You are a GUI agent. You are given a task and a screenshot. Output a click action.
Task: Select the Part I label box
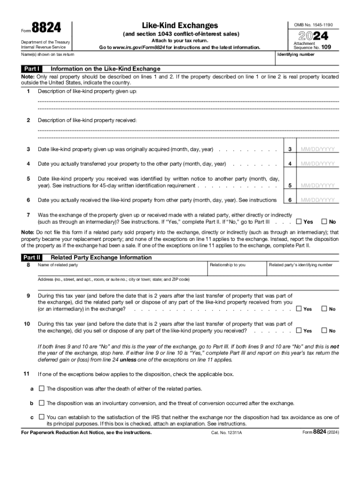(33, 68)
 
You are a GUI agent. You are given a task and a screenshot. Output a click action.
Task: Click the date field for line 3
(318, 150)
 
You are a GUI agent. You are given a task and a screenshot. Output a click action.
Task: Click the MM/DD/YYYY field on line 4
(318, 164)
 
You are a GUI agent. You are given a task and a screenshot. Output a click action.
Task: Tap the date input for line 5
(318, 186)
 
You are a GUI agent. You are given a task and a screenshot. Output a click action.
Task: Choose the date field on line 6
(318, 200)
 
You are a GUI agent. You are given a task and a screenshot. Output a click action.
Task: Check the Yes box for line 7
(299, 222)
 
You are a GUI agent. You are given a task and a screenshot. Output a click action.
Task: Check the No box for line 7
(324, 222)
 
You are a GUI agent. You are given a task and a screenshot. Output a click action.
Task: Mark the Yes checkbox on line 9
(299, 309)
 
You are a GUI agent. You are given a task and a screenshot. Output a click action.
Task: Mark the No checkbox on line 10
(324, 331)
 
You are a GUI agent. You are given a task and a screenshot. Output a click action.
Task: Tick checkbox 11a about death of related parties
(42, 388)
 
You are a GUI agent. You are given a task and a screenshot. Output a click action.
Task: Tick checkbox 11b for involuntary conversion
(42, 403)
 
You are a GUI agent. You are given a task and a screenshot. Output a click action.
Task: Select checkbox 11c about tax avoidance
(42, 417)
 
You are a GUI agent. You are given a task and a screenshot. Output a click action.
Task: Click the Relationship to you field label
(228, 265)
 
